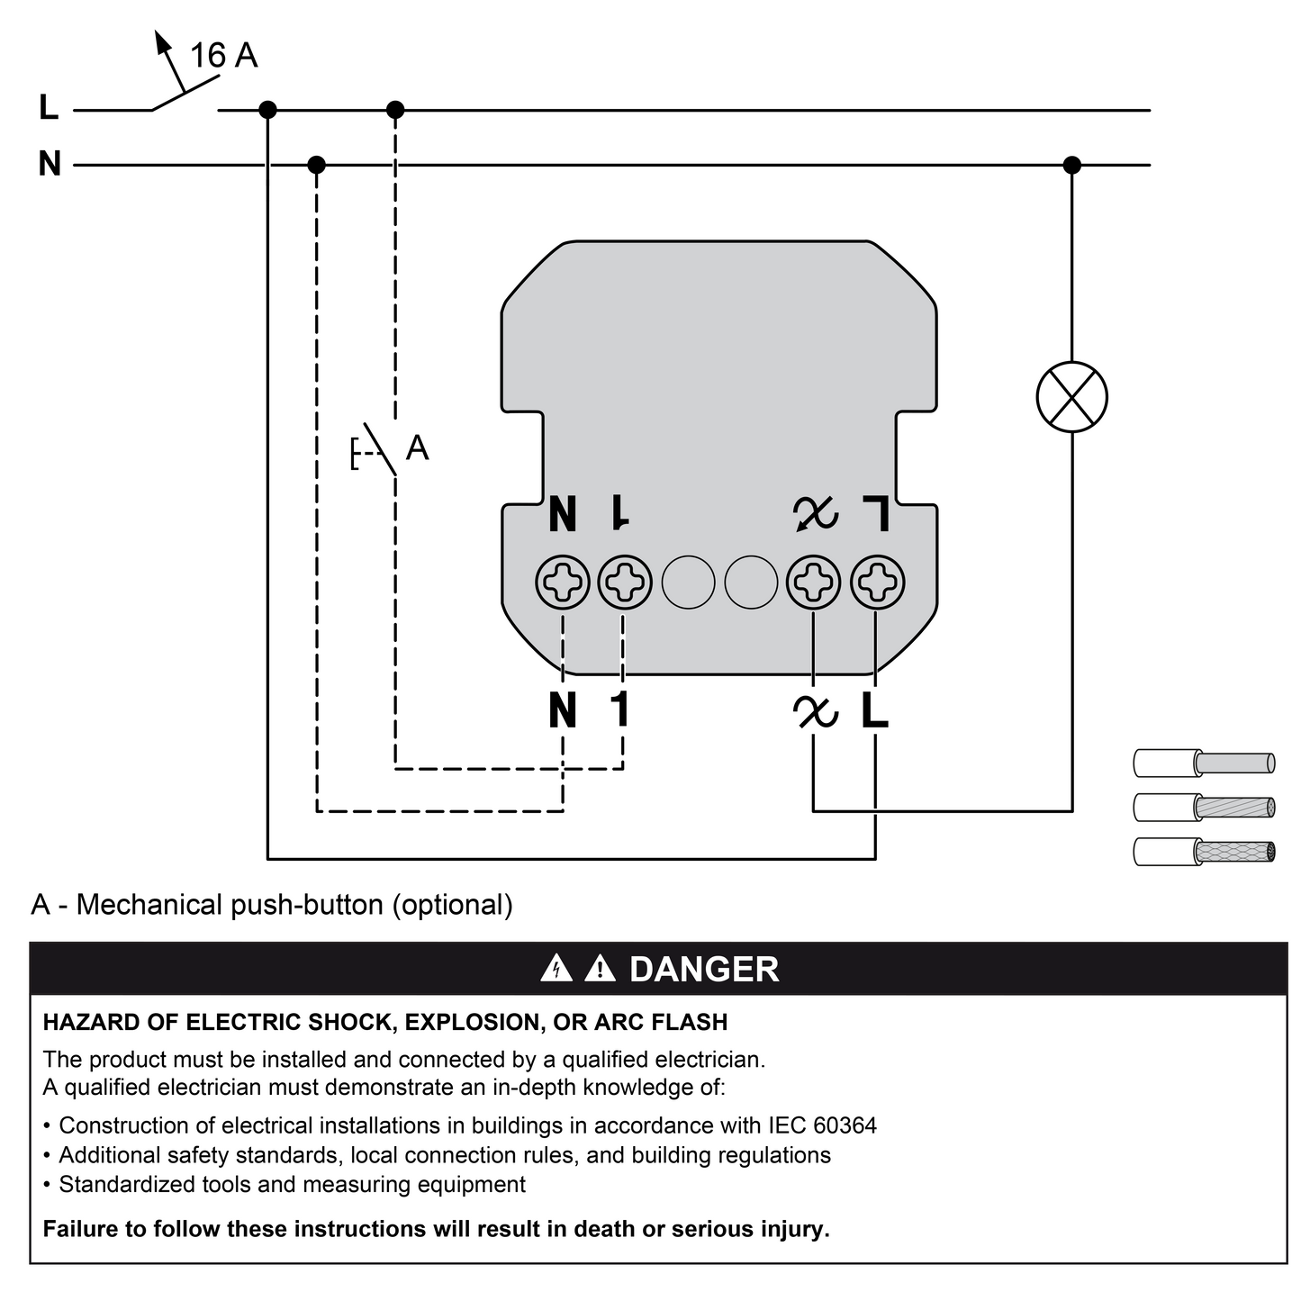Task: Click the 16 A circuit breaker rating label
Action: [223, 55]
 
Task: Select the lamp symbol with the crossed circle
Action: [1071, 397]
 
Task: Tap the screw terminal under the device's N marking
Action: [563, 582]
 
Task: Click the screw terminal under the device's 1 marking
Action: [625, 582]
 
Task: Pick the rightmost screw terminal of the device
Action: [877, 582]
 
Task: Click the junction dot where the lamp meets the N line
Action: [1071, 165]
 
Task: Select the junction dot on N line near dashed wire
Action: [316, 165]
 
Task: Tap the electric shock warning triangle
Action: [556, 968]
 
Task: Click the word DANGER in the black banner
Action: [704, 969]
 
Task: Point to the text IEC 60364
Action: [822, 1125]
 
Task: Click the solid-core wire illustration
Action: [1204, 763]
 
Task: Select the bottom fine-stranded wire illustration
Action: [1204, 852]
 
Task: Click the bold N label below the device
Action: [563, 709]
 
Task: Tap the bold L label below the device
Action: [875, 709]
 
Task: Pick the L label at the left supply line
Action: [49, 106]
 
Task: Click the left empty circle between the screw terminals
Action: [688, 582]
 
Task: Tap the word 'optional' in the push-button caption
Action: [452, 905]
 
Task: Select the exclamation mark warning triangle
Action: [600, 968]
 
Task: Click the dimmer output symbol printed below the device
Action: [815, 711]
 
